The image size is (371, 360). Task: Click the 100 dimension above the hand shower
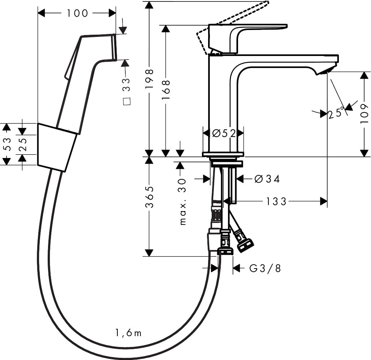[77, 13]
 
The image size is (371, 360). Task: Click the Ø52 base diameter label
[224, 133]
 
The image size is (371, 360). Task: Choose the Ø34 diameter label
[267, 179]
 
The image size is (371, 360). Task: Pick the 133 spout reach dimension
[276, 201]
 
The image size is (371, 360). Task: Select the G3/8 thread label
[265, 268]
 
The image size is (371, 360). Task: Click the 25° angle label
[336, 113]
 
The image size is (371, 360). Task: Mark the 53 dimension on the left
[7, 144]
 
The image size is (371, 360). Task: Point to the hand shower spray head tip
[113, 47]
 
